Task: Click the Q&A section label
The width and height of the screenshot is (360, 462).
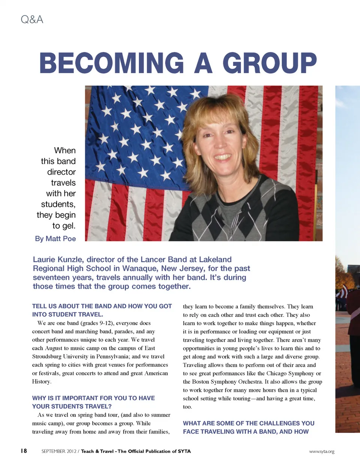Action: tap(32, 19)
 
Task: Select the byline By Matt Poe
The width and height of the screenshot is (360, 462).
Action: tap(55, 238)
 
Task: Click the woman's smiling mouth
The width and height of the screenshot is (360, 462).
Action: tap(223, 156)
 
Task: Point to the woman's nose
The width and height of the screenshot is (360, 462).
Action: tap(222, 143)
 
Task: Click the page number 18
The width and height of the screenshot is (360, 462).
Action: tap(24, 451)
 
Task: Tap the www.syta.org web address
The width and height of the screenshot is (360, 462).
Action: tap(321, 451)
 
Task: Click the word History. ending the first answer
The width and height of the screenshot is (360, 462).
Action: tap(41, 382)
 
